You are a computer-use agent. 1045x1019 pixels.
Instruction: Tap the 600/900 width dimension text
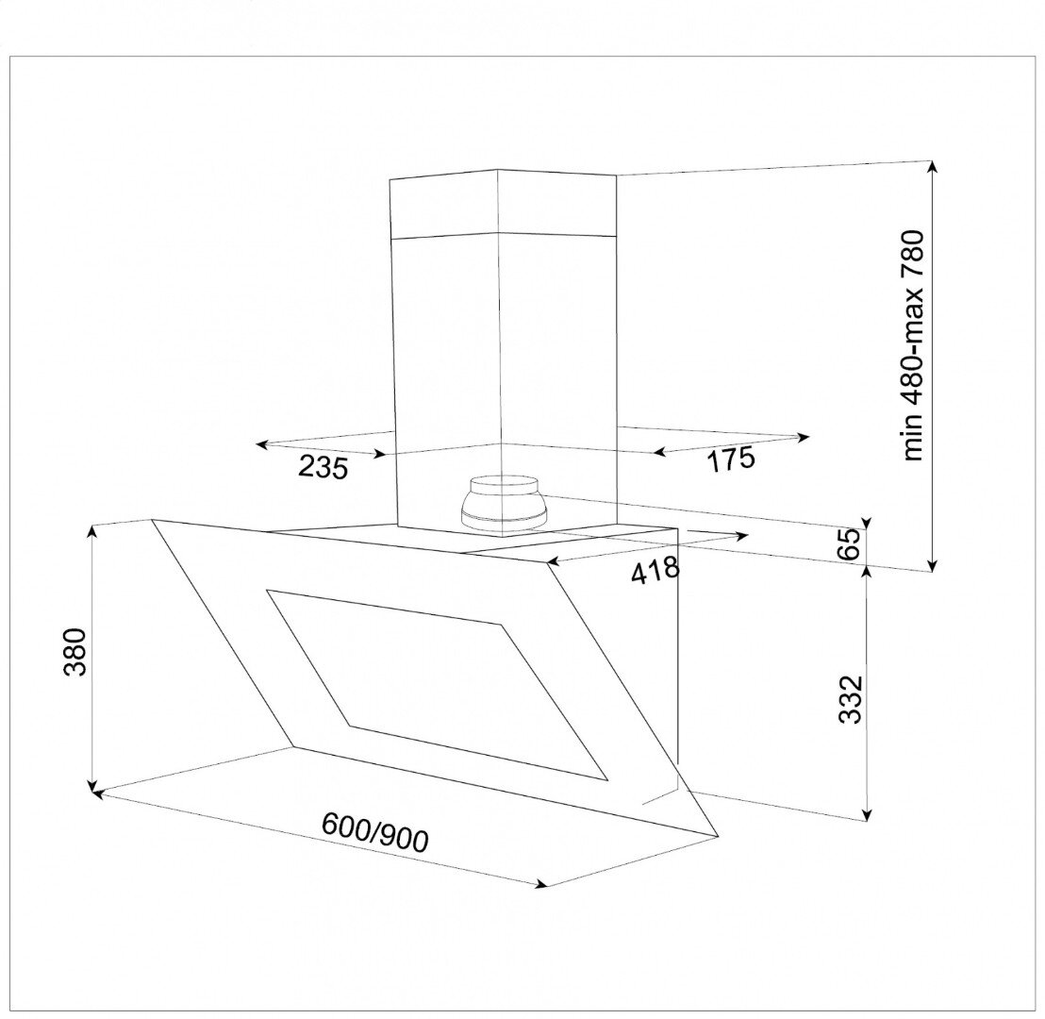click(x=374, y=831)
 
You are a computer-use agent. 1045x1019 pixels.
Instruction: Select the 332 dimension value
click(x=851, y=699)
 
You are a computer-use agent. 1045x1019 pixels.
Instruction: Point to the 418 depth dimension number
click(x=655, y=571)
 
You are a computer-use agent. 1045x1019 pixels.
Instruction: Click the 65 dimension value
click(x=850, y=544)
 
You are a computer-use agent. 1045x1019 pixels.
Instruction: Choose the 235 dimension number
click(x=323, y=465)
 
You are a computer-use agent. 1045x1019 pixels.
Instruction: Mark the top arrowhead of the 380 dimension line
click(x=92, y=530)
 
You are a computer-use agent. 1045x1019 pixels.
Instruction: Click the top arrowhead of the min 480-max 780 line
click(x=932, y=166)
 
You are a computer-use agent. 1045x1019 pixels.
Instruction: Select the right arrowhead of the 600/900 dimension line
click(x=541, y=885)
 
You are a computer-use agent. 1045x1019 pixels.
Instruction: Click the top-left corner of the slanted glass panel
click(x=151, y=520)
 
